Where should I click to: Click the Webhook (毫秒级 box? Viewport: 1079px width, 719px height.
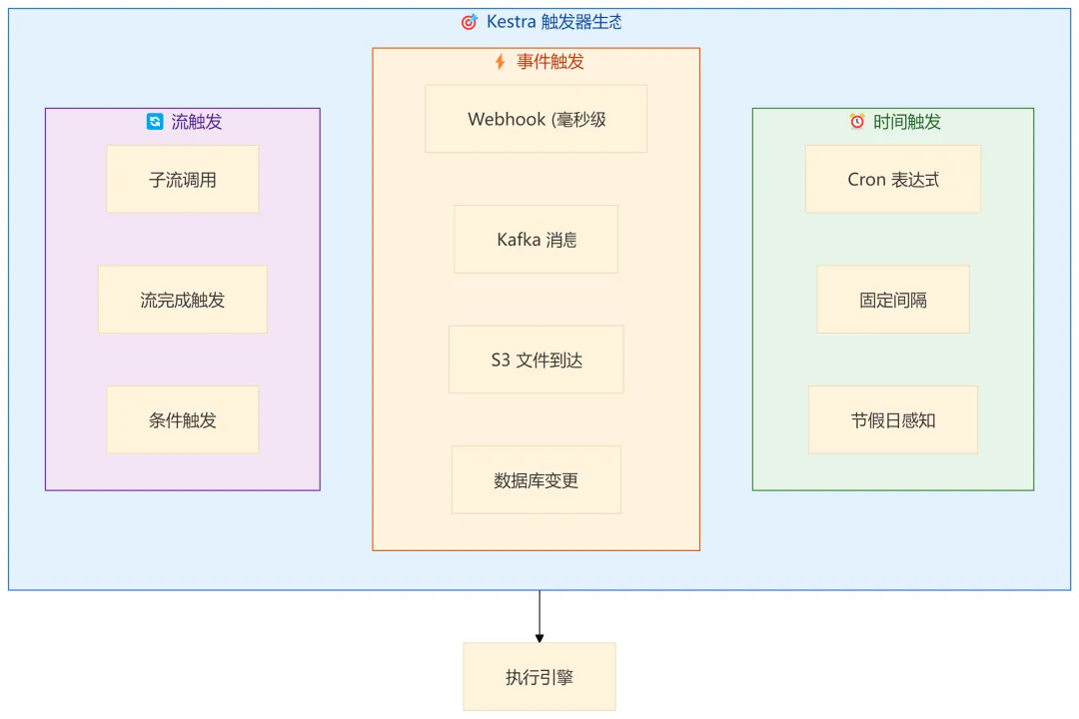tap(536, 119)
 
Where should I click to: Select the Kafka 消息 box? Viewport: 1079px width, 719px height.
tap(536, 240)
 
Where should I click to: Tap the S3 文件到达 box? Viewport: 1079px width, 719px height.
tap(536, 359)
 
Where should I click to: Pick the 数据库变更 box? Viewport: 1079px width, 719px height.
tap(536, 480)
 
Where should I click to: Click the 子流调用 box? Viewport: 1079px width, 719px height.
tap(183, 180)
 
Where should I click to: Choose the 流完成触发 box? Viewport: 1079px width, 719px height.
tap(183, 300)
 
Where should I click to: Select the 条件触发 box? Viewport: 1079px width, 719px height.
tap(183, 420)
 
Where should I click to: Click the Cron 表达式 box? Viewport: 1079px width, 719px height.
tap(892, 180)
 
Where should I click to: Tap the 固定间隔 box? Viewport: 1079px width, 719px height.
tap(892, 300)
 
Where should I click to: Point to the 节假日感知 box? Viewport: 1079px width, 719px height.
tap(892, 420)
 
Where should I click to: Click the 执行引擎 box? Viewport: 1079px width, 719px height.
tap(539, 677)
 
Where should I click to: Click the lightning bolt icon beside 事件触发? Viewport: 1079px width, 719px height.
tap(501, 62)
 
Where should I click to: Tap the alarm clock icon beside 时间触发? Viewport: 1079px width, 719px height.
tap(857, 122)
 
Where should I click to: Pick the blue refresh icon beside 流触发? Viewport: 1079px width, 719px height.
tap(155, 122)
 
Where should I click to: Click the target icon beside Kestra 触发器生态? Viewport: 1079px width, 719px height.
tap(469, 22)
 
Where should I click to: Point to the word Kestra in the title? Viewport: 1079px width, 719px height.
tap(511, 22)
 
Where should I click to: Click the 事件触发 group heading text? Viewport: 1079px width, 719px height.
tap(550, 62)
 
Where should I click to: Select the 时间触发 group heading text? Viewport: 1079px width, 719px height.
tap(907, 122)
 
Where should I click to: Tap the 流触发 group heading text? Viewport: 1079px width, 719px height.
tap(197, 122)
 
